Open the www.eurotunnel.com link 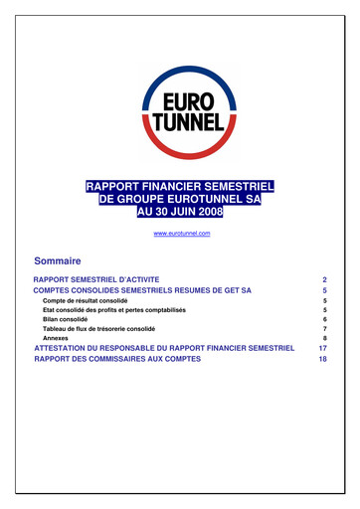(181, 232)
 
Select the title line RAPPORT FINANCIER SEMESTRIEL (180, 186)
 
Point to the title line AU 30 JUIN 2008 (180, 212)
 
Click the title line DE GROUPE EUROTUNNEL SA (180, 199)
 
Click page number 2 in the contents (324, 281)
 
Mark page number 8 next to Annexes (324, 338)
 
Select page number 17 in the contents (322, 349)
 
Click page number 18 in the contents (322, 359)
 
